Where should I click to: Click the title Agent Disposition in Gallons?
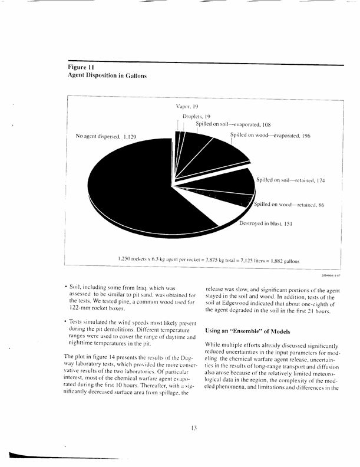click(x=107, y=77)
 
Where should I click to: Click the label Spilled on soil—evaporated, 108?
click(x=233, y=125)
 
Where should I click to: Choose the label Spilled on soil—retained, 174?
click(x=290, y=179)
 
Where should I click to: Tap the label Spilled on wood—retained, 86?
click(x=289, y=205)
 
